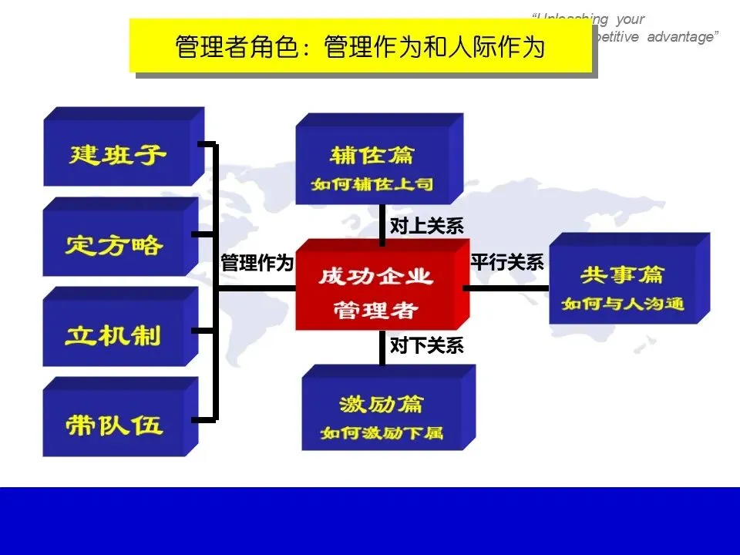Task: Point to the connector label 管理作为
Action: tap(257, 263)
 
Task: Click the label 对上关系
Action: tap(426, 226)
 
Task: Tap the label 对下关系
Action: tap(426, 346)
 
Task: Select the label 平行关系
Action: tap(507, 262)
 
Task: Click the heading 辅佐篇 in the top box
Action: tap(372, 156)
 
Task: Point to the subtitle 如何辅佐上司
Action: tap(372, 185)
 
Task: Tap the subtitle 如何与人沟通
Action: tap(623, 304)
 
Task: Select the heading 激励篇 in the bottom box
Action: tap(381, 404)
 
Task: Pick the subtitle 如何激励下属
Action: tap(382, 432)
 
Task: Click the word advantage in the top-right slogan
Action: tap(680, 37)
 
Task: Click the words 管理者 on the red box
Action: tap(375, 310)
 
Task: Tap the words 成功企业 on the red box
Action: tap(375, 277)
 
